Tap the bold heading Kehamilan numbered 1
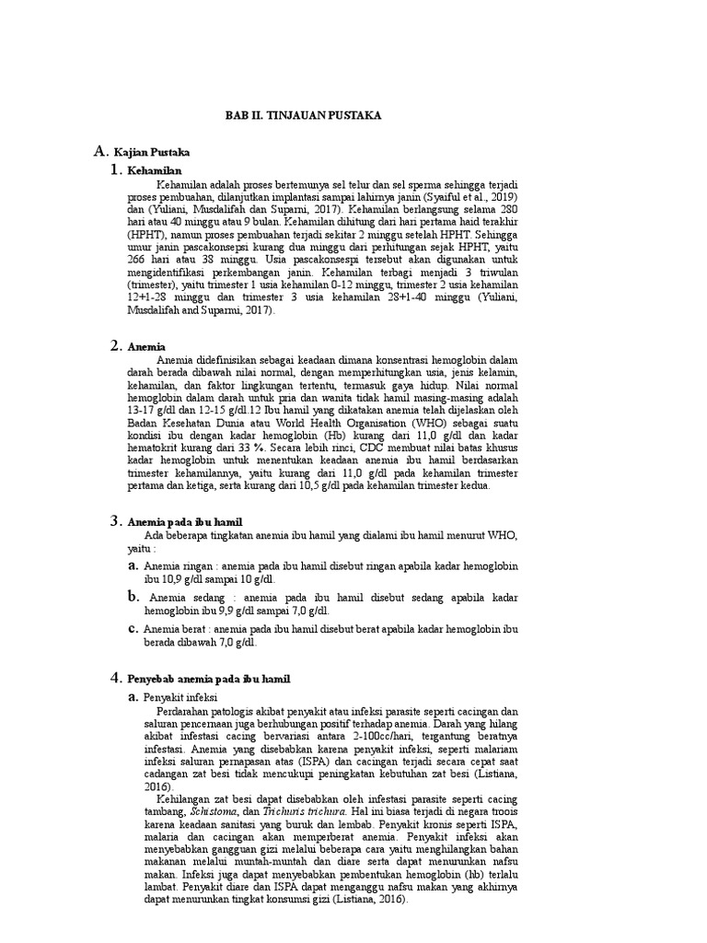pos(156,171)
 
